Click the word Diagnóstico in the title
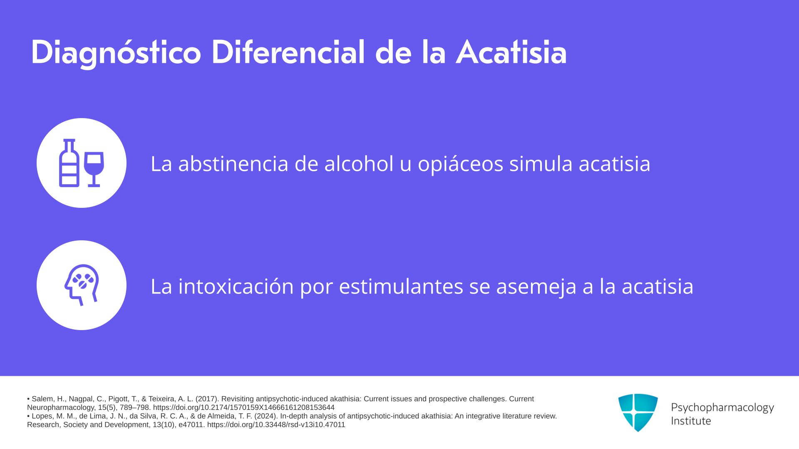click(116, 53)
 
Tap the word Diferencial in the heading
click(288, 52)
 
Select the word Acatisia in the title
click(511, 52)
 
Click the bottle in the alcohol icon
click(69, 163)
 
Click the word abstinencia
click(233, 163)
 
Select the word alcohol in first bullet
click(359, 163)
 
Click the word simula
click(541, 163)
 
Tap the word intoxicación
click(236, 286)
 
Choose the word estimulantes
click(401, 286)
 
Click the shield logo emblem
click(638, 412)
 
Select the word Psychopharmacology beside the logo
click(722, 407)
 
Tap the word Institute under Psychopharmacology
click(691, 421)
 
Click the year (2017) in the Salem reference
click(206, 399)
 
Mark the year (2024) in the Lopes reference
click(266, 416)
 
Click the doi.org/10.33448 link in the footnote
click(276, 424)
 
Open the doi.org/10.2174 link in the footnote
click(244, 407)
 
